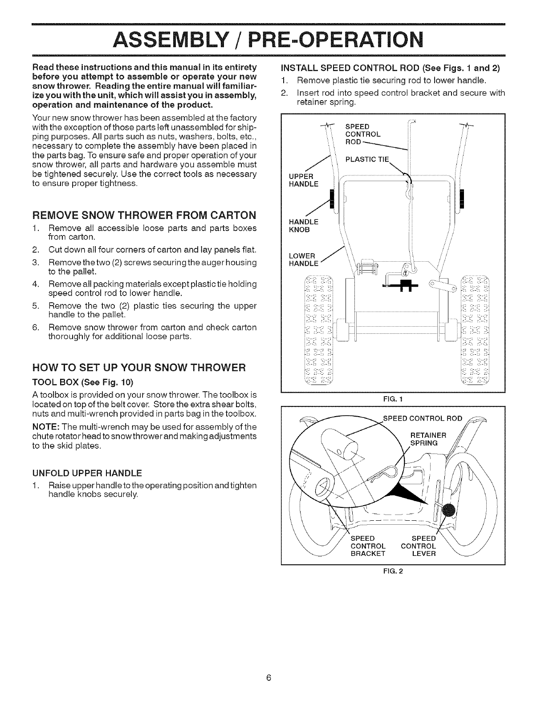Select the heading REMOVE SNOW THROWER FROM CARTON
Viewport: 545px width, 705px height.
click(x=145, y=216)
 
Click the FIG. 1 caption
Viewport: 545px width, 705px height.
click(x=393, y=399)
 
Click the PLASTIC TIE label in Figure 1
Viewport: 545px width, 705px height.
click(x=367, y=160)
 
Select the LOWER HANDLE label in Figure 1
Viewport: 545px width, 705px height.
click(x=302, y=259)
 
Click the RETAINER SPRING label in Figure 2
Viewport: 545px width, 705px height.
click(x=424, y=439)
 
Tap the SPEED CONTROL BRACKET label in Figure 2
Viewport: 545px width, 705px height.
click(x=368, y=546)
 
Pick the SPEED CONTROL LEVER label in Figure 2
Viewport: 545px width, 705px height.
click(x=419, y=546)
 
